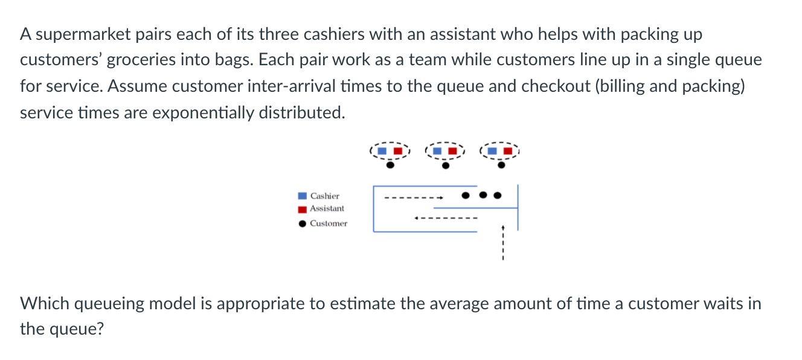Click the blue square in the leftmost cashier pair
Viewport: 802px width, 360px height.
382,151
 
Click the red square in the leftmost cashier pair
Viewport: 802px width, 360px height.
398,151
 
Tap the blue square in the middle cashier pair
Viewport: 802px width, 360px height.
437,151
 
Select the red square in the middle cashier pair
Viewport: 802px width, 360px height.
452,151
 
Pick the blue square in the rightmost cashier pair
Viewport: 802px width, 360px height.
492,151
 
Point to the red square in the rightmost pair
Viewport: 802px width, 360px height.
508,151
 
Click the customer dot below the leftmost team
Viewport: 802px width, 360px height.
390,165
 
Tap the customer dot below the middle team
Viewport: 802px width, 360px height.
446,166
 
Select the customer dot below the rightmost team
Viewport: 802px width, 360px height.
501,165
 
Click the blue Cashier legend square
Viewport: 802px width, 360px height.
302,196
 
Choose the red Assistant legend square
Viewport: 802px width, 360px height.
302,210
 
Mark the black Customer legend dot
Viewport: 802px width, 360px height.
303,223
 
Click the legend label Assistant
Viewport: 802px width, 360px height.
327,208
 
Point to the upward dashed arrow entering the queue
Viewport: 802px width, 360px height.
503,242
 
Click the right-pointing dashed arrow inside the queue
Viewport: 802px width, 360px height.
414,198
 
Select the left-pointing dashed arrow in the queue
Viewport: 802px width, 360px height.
446,218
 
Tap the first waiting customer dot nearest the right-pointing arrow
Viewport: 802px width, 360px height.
466,195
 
